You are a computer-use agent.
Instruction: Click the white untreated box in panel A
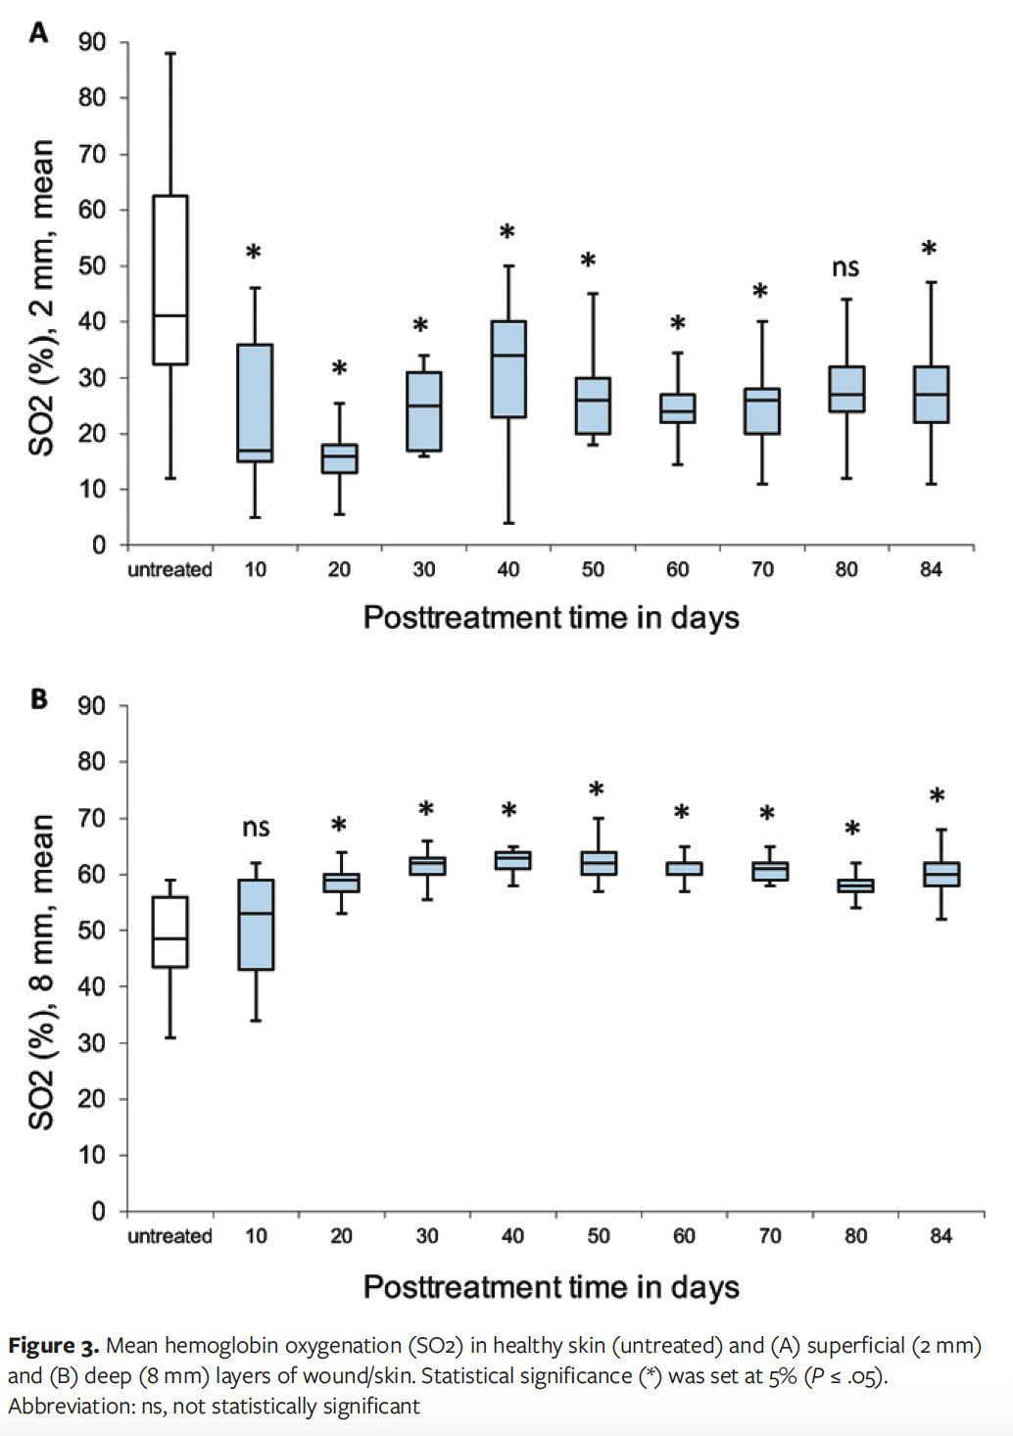point(170,280)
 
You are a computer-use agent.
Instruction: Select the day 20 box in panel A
point(339,458)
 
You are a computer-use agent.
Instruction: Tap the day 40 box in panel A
point(508,369)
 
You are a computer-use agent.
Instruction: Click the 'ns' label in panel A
point(845,267)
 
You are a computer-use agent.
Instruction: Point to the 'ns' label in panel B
point(256,828)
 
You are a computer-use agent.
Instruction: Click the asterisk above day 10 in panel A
point(254,253)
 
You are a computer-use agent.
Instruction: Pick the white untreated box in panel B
point(170,932)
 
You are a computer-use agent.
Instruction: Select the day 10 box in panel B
point(256,925)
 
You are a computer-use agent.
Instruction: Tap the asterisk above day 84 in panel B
point(938,796)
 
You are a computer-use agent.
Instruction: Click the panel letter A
point(39,33)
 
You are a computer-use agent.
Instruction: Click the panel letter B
point(39,698)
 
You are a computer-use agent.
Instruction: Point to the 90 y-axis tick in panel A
point(92,42)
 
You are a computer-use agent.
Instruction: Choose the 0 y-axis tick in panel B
point(98,1212)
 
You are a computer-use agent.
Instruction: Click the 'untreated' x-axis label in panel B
point(169,1236)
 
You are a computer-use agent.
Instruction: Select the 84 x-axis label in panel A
point(931,570)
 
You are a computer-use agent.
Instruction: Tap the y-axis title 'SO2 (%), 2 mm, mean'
point(41,297)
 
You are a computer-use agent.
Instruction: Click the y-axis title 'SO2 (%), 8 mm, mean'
point(41,971)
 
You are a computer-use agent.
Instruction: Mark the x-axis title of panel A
point(551,617)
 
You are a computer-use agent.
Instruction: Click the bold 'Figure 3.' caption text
point(54,1346)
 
